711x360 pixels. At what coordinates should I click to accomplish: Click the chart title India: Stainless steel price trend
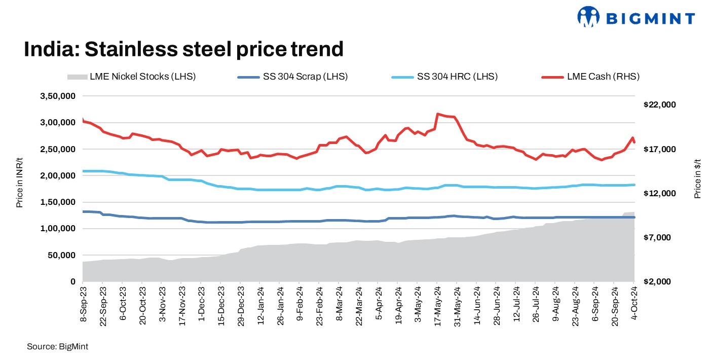pos(183,49)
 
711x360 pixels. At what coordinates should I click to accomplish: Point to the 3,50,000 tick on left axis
pos(58,96)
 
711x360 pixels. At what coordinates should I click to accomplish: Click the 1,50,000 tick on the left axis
pos(58,202)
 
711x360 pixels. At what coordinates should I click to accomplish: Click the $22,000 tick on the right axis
pos(659,105)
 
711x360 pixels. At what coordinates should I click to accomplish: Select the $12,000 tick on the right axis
pos(659,193)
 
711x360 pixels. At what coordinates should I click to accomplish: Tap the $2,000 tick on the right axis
pos(661,281)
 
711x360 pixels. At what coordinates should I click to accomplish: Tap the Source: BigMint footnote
pos(57,346)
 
